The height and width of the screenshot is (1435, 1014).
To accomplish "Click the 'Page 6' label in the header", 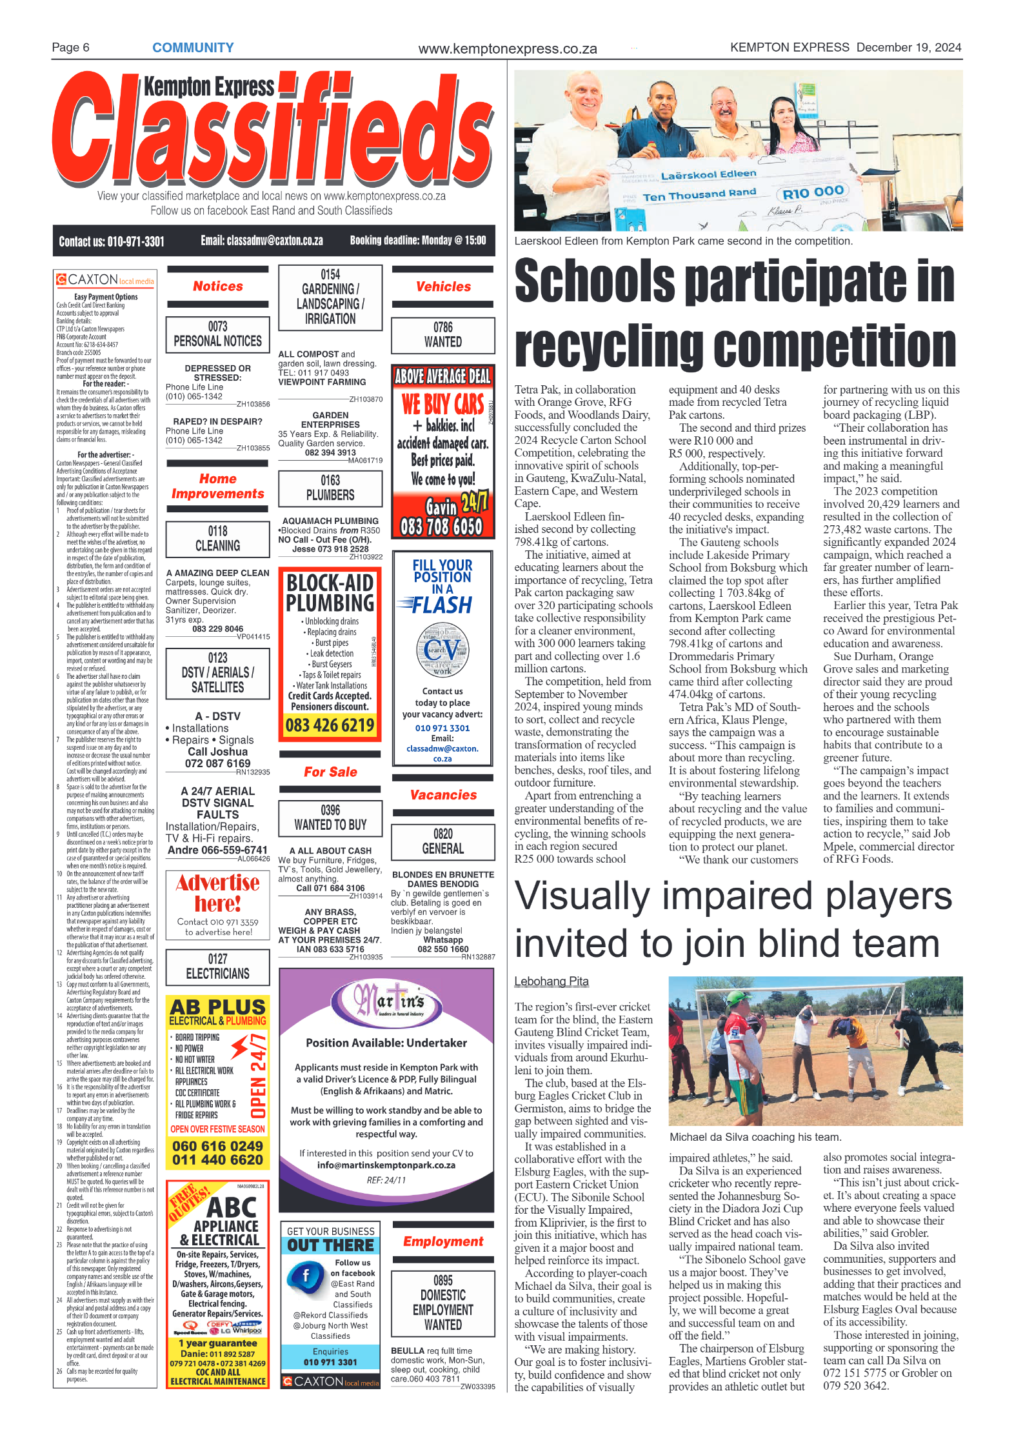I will [x=70, y=47].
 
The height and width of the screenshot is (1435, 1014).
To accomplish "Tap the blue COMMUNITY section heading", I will [x=193, y=47].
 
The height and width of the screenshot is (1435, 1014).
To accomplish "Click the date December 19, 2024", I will [x=908, y=47].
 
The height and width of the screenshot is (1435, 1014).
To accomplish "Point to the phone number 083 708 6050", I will [x=441, y=527].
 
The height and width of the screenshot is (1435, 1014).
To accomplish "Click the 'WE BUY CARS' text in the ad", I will [x=442, y=405].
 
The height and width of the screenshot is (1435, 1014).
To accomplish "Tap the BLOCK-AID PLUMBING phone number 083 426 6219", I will [x=330, y=725].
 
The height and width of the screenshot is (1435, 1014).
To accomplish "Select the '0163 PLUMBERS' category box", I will [x=330, y=488].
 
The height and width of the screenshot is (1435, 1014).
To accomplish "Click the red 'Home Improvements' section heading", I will [x=217, y=486].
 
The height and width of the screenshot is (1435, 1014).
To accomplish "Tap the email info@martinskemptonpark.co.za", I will [x=386, y=1165].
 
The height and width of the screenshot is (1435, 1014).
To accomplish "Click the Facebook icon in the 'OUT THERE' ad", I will [x=305, y=1276].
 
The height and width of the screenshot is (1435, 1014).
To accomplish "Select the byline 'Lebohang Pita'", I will [x=551, y=981].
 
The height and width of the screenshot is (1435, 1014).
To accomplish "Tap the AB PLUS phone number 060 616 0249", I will [x=217, y=1146].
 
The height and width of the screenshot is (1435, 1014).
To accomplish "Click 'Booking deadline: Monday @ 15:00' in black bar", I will [x=418, y=241].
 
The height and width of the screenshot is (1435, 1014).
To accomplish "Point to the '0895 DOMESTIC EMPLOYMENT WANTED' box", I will [x=442, y=1302].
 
